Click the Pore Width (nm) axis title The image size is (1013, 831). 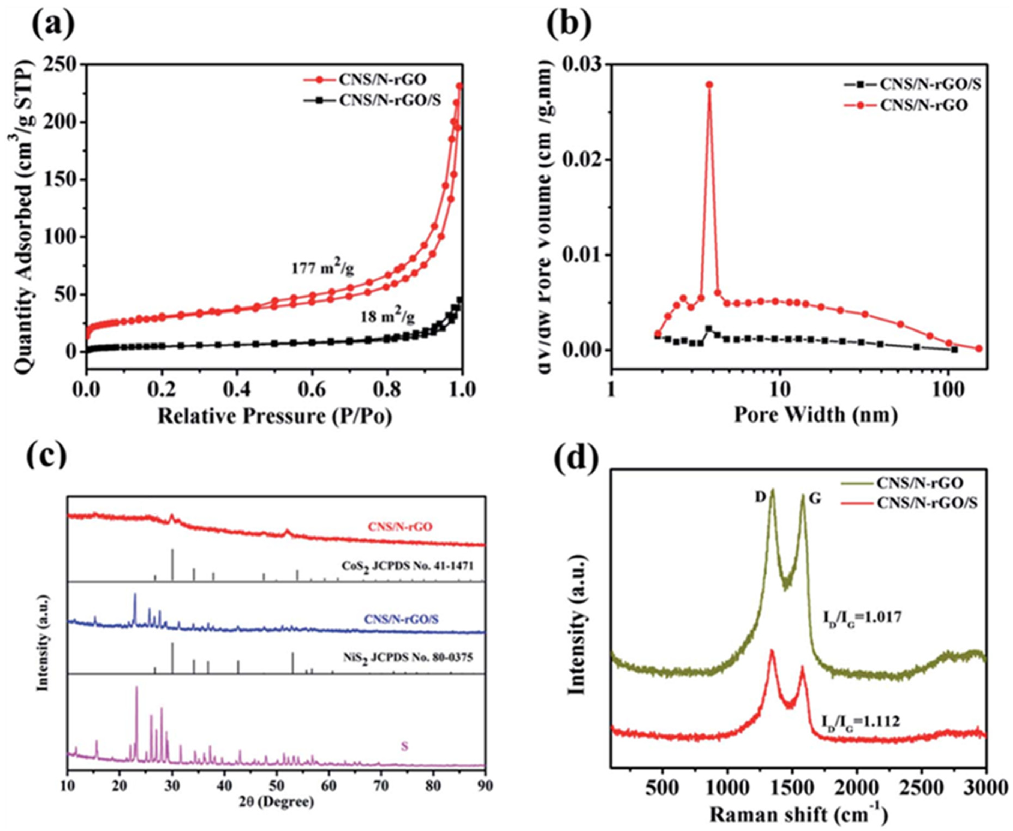click(x=816, y=414)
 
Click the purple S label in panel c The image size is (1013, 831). click(x=404, y=746)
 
